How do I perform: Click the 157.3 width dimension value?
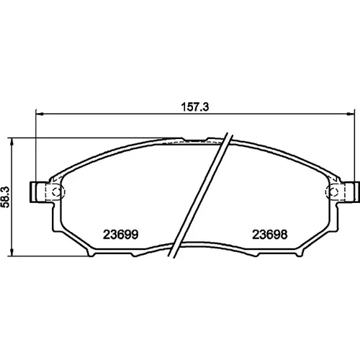(195, 107)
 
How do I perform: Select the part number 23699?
(120, 235)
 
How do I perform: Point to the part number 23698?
(269, 235)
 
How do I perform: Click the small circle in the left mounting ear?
(56, 192)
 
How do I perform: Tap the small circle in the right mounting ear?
(333, 192)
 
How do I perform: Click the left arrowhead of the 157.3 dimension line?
(39, 114)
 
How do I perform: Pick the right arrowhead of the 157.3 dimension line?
(351, 114)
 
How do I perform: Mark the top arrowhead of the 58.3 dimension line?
(12, 142)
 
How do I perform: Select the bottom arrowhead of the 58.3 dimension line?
(12, 253)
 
